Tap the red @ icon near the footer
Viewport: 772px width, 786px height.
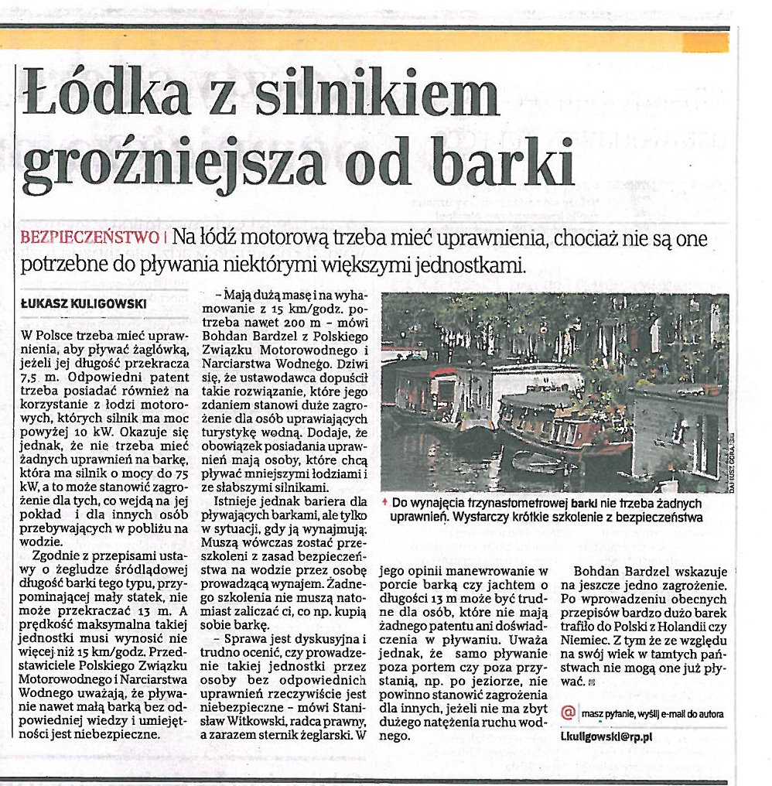tap(569, 712)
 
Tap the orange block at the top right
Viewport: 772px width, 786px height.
tap(705, 42)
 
